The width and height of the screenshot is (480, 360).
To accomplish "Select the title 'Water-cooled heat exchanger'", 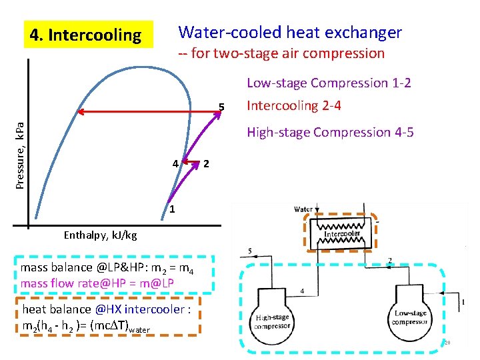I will (x=290, y=32).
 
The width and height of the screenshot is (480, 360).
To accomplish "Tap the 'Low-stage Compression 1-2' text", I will (x=329, y=83).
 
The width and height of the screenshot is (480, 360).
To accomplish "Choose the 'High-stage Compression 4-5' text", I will (x=330, y=133).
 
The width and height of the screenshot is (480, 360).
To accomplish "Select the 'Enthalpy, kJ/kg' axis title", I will (x=100, y=235).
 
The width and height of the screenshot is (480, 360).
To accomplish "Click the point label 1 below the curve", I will (x=171, y=211).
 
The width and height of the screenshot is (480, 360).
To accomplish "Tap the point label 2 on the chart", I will (x=207, y=163).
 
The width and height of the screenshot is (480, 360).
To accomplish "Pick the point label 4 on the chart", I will (x=175, y=163).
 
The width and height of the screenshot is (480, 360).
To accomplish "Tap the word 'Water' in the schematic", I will (x=303, y=209).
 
